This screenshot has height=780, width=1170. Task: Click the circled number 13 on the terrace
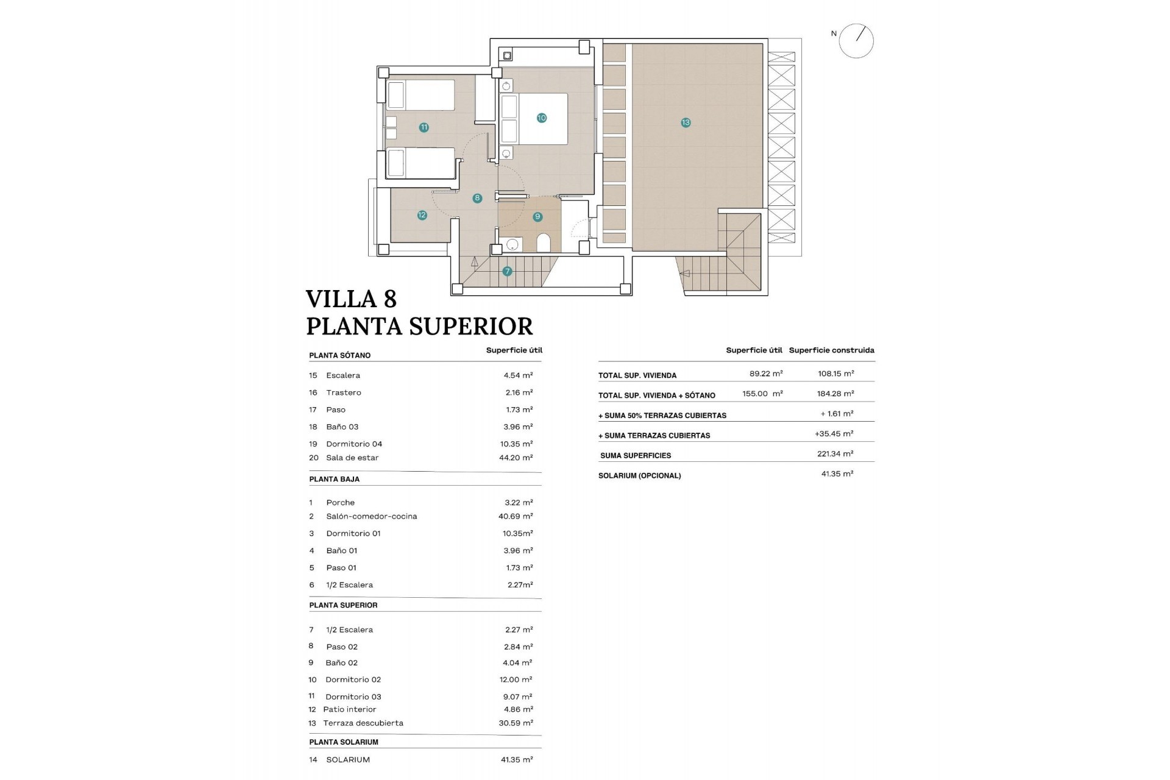pyautogui.click(x=686, y=122)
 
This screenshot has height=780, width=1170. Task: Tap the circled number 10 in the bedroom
pyautogui.click(x=541, y=118)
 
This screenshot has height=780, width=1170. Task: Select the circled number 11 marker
pyautogui.click(x=424, y=127)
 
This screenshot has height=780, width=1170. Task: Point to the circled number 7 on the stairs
pyautogui.click(x=507, y=271)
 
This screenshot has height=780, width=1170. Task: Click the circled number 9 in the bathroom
pyautogui.click(x=537, y=216)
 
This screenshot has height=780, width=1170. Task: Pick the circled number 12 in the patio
pyautogui.click(x=422, y=214)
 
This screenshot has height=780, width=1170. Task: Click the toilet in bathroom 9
pyautogui.click(x=544, y=244)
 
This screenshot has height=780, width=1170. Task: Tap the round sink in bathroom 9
pyautogui.click(x=512, y=244)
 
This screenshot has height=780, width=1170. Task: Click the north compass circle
pyautogui.click(x=856, y=41)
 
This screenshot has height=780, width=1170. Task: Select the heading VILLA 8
pyautogui.click(x=351, y=299)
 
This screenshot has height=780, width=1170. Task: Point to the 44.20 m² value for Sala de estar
pyautogui.click(x=516, y=458)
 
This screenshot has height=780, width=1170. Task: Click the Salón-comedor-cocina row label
pyautogui.click(x=371, y=516)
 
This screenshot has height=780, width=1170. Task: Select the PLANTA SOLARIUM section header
pyautogui.click(x=344, y=742)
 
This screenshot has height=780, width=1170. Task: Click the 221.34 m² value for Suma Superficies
pyautogui.click(x=835, y=454)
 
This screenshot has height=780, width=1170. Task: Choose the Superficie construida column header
pyautogui.click(x=831, y=350)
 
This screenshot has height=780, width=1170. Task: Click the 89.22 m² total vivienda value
pyautogui.click(x=766, y=374)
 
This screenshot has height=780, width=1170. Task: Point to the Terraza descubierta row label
pyautogui.click(x=363, y=723)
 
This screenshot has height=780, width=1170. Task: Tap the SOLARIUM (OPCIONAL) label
pyautogui.click(x=639, y=476)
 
